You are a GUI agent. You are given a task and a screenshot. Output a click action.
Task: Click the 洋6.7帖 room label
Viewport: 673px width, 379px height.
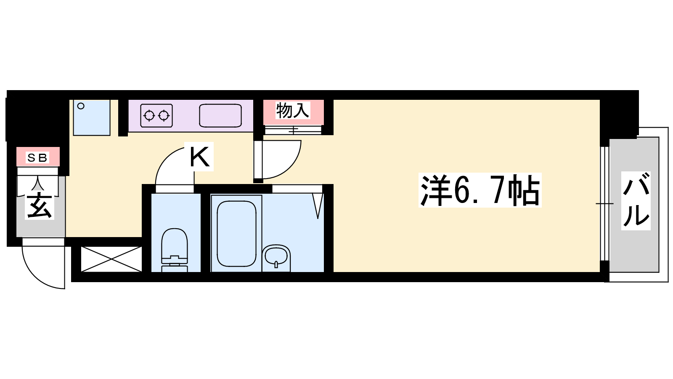point(480,190)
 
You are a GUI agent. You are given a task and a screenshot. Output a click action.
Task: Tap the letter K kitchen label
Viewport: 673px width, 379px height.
point(199,157)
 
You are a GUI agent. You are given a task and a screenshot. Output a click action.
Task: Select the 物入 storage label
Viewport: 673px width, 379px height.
point(292,110)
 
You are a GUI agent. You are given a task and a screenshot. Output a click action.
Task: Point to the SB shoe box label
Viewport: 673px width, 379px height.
point(37,157)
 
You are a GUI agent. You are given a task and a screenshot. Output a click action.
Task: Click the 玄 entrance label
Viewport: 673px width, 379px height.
point(40,206)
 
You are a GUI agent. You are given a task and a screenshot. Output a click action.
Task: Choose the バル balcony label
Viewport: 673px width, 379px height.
point(636,201)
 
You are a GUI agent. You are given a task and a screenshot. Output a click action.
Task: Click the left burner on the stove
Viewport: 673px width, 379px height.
point(149,115)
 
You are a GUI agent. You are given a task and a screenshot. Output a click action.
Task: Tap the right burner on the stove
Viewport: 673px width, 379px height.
point(164,115)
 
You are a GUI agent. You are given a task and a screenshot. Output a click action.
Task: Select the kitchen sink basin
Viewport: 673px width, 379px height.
point(220,115)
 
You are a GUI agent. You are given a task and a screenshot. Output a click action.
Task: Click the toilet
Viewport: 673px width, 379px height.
point(175,250)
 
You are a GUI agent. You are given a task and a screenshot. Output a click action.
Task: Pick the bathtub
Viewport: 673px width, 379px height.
point(236,233)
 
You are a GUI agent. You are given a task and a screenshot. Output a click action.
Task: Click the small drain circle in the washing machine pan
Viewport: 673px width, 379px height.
point(81,106)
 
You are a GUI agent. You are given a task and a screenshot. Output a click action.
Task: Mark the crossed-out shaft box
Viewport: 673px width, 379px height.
point(111,259)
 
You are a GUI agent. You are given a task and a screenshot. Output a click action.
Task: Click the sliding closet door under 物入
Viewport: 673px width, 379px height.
point(293,130)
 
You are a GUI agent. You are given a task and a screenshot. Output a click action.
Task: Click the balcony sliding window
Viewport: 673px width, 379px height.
point(604,204)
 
